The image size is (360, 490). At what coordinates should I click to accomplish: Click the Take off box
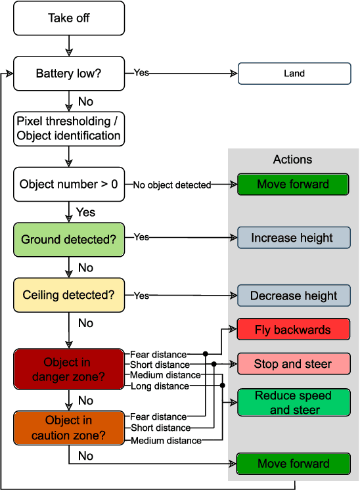pos(69,18)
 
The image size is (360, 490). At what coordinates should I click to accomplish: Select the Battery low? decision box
pos(69,74)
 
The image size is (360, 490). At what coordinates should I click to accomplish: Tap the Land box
pos(294,74)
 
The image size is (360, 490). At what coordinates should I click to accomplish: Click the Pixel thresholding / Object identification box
pos(69,129)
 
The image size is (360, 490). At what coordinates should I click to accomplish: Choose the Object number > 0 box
pos(69,185)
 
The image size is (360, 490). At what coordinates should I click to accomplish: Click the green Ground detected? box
pos(69,240)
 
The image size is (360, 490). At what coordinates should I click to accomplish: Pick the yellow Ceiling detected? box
pos(69,295)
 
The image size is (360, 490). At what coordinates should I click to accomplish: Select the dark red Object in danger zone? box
pos(68,370)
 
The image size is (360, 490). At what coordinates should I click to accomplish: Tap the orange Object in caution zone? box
pos(68,428)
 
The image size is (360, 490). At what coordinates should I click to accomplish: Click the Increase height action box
pos(293,238)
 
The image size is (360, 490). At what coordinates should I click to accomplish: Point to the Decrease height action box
pos(293,296)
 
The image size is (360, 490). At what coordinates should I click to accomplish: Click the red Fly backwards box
pos(293,330)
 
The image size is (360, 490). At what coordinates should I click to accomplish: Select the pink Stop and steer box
pos(293,364)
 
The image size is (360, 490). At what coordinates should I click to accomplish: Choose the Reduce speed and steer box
pos(293,403)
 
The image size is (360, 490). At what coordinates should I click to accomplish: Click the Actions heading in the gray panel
pos(293,160)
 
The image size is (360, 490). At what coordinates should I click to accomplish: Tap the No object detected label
pos(172,185)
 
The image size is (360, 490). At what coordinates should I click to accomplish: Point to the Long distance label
pos(159,386)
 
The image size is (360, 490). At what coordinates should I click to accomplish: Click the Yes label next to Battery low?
pos(141,72)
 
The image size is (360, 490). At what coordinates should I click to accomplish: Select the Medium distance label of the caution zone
pos(166,441)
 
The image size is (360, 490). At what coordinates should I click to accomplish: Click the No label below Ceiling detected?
pos(85,323)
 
